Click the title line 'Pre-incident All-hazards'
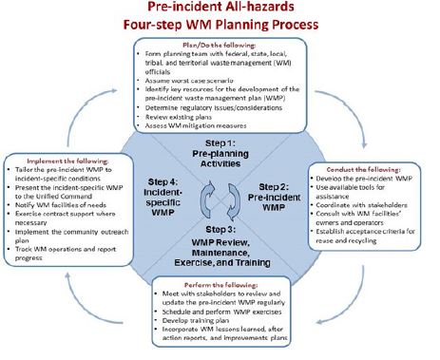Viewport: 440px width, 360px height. tap(220, 9)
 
